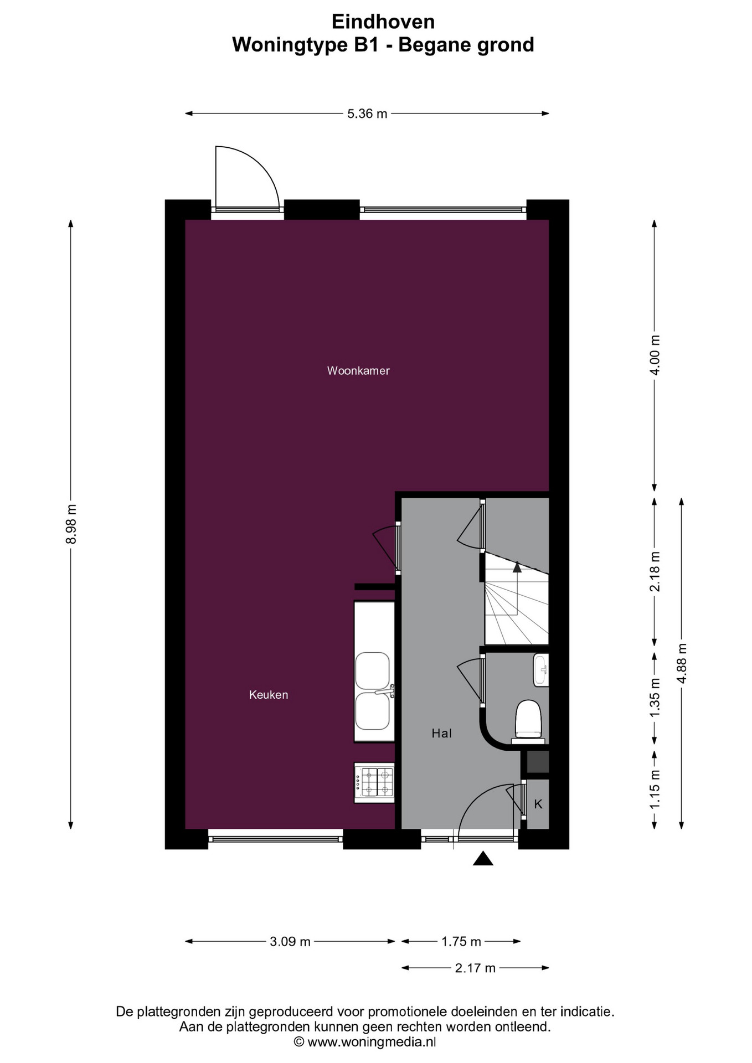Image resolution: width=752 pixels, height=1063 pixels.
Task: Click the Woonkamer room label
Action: tap(358, 371)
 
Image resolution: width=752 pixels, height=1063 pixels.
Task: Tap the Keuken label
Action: tap(269, 695)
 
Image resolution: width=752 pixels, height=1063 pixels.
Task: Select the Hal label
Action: tap(442, 734)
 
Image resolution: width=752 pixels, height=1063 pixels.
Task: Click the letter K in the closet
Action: tap(538, 804)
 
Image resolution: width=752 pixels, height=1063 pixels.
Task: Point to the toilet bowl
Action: tap(528, 721)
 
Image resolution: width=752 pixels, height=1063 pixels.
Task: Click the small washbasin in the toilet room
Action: tap(541, 670)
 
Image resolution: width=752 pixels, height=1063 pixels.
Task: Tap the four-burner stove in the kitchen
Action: tap(374, 782)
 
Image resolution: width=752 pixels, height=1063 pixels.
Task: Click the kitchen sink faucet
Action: tap(385, 691)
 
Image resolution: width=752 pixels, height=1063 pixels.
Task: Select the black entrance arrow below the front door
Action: tap(483, 858)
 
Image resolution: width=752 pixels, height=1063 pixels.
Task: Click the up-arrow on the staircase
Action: tap(517, 567)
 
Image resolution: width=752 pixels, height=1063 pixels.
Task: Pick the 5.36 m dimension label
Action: tap(367, 114)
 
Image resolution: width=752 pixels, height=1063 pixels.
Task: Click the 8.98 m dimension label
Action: tap(71, 524)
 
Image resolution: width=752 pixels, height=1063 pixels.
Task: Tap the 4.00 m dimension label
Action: tap(655, 355)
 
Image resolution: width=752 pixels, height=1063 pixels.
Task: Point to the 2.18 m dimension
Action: tap(655, 571)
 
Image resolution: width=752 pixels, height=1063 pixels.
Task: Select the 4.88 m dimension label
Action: tap(682, 663)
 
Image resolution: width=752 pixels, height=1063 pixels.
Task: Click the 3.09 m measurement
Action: tap(290, 942)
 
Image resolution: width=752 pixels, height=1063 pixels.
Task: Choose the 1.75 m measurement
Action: tap(461, 942)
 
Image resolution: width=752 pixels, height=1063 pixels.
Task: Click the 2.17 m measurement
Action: tap(475, 968)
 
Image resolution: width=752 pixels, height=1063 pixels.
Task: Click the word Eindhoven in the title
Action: tap(383, 22)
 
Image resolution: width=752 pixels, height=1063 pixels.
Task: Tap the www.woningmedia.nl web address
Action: tap(372, 1042)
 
